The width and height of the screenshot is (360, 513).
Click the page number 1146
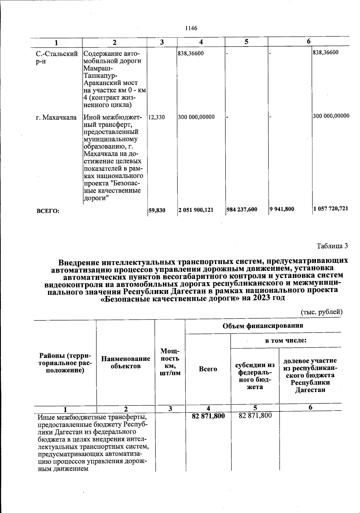(x=191, y=28)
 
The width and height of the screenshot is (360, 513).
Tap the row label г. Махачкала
(x=56, y=117)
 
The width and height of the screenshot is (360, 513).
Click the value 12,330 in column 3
(x=157, y=117)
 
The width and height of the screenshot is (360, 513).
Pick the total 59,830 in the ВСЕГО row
(x=157, y=210)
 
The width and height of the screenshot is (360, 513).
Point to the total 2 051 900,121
(x=196, y=210)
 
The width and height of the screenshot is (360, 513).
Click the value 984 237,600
(x=242, y=210)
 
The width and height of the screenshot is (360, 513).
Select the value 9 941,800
(x=282, y=209)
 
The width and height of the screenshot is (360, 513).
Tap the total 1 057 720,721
(x=331, y=209)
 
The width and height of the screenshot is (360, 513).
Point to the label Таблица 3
(x=332, y=246)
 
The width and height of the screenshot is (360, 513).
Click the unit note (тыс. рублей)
(x=321, y=312)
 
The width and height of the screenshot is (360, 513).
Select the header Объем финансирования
(x=263, y=326)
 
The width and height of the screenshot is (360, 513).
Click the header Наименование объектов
(x=126, y=362)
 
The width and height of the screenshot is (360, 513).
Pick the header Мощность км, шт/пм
(x=170, y=362)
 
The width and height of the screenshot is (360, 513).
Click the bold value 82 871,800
(x=208, y=416)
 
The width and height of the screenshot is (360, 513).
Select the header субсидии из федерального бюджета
(x=255, y=376)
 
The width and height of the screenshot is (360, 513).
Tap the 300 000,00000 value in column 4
(x=196, y=117)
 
